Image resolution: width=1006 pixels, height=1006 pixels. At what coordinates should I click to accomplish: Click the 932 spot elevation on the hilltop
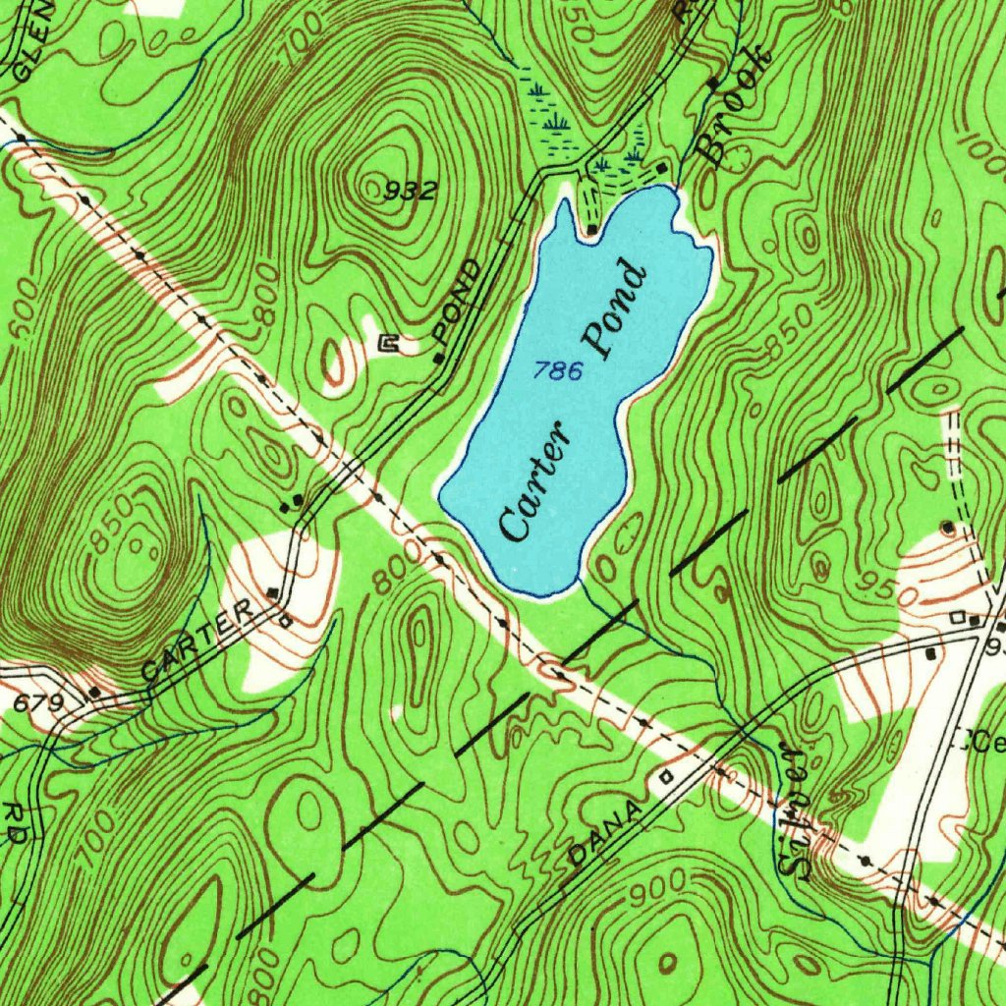[x=412, y=192]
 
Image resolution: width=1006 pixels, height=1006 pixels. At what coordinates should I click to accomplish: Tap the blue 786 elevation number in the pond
[x=559, y=370]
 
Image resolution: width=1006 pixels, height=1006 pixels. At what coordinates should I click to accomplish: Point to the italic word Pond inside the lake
[x=616, y=310]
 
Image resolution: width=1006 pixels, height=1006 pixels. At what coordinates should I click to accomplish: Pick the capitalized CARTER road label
[x=197, y=643]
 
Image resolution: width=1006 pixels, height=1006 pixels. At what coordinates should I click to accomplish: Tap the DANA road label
[x=606, y=833]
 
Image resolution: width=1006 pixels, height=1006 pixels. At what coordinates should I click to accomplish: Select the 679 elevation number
[x=39, y=703]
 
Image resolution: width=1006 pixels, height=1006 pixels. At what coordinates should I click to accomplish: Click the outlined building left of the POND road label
[x=389, y=342]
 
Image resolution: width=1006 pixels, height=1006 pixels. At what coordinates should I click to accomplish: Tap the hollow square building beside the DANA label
[x=667, y=776]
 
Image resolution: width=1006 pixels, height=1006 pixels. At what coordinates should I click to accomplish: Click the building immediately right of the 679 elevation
[x=94, y=692]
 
